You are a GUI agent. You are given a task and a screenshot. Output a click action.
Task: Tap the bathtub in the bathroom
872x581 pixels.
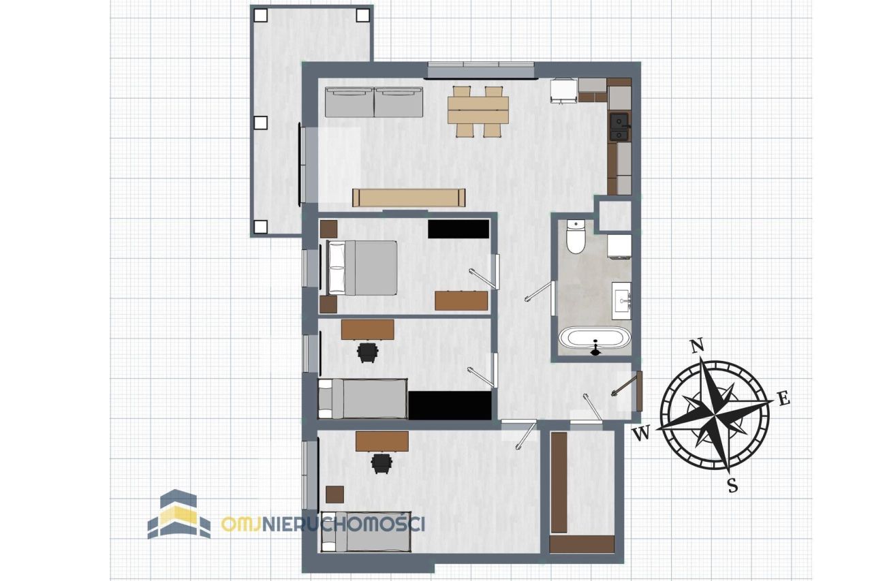595,337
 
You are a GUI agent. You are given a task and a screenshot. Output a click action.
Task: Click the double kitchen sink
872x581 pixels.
619,127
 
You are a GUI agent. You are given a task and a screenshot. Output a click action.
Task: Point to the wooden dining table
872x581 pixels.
478,110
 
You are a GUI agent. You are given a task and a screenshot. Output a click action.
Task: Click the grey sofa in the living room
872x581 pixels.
374,102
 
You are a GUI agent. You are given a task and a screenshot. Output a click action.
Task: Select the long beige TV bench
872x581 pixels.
409,198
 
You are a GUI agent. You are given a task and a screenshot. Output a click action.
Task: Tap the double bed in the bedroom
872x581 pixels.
362,268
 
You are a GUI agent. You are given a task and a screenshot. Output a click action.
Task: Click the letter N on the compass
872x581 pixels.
696,346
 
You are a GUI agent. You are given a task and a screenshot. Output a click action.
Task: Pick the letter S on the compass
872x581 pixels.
732,486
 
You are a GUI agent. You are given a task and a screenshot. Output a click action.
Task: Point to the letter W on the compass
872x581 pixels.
641,433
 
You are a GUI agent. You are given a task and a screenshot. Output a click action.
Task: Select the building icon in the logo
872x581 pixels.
179,514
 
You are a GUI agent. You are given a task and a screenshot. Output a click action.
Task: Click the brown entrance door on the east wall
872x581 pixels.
639,391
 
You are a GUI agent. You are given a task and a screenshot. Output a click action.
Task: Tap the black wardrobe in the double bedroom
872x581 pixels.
458,229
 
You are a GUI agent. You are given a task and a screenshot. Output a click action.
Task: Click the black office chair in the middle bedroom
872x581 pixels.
367,353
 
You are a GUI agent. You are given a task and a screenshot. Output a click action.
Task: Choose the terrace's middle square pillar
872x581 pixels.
261,123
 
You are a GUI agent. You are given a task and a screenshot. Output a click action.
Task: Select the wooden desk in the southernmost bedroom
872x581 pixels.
382,441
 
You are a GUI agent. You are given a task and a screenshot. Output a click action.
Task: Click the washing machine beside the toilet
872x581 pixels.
619,247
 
